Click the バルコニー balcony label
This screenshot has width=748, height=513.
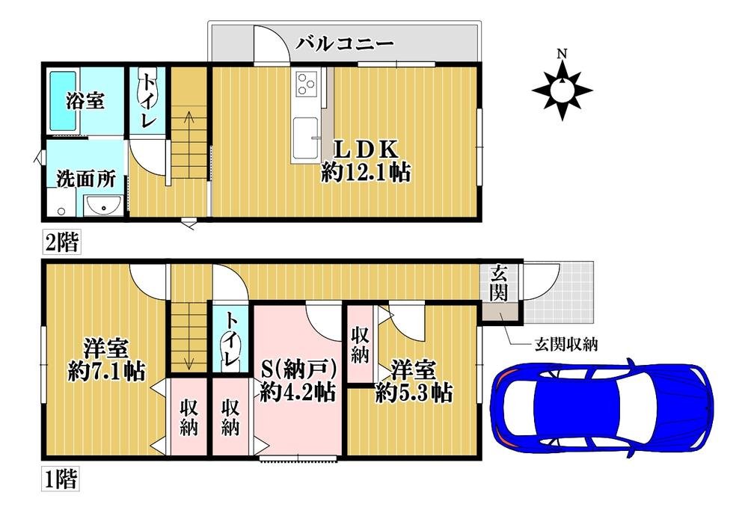pyautogui.click(x=344, y=43)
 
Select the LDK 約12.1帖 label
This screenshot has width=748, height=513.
pyautogui.click(x=366, y=160)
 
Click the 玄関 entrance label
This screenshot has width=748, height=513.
pyautogui.click(x=498, y=283)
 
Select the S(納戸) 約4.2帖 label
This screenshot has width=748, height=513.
pyautogui.click(x=297, y=380)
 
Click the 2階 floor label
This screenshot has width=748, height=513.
pyautogui.click(x=60, y=242)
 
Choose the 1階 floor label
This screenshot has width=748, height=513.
pyautogui.click(x=60, y=478)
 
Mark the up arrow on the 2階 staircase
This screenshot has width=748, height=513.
pyautogui.click(x=186, y=117)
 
